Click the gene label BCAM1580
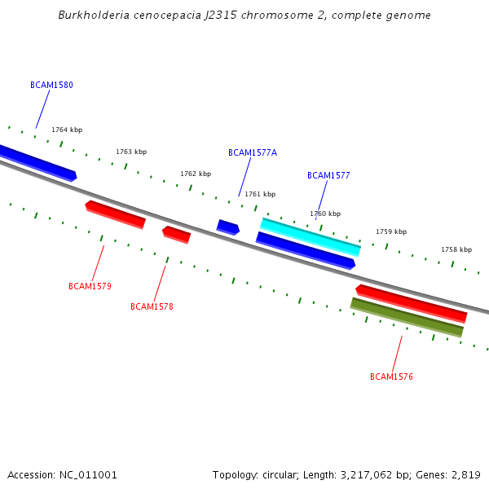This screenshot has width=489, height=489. (51, 85)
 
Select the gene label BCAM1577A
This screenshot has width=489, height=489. (253, 152)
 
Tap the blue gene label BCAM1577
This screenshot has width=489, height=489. (328, 175)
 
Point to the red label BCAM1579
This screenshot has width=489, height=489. (90, 286)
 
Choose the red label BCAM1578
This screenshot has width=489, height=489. (152, 306)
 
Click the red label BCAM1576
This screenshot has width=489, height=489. (391, 377)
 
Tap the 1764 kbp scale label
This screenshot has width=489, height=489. (67, 130)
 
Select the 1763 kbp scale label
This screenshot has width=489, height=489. (131, 152)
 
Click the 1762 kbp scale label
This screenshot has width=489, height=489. (196, 174)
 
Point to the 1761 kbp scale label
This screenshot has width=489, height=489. (260, 194)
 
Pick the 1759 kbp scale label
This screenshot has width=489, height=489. (391, 231)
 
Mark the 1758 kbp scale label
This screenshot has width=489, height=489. (456, 249)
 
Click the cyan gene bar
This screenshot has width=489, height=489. (311, 236)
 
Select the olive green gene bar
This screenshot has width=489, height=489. (407, 317)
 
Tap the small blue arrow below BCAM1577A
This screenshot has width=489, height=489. (227, 227)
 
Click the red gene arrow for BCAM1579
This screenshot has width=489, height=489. (115, 214)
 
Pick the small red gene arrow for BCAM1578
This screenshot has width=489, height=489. (176, 234)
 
